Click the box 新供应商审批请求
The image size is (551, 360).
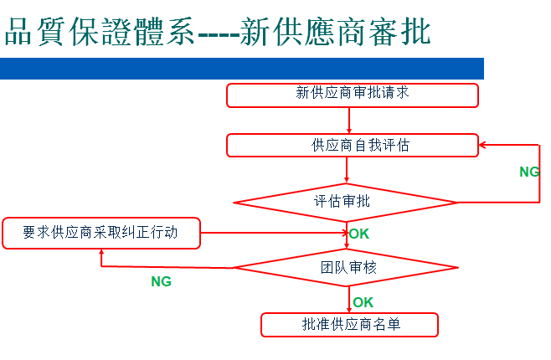click(x=353, y=95)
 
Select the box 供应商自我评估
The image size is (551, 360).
click(x=353, y=145)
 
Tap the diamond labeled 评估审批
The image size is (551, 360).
click(x=346, y=203)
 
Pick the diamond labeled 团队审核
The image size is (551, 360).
click(x=347, y=268)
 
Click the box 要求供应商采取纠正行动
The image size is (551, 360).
click(x=101, y=234)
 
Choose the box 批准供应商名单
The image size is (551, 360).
click(x=350, y=325)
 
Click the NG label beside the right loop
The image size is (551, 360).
click(x=529, y=172)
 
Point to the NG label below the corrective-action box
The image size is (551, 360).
click(x=162, y=281)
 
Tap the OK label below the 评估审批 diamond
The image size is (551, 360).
click(x=359, y=234)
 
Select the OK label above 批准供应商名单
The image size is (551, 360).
click(x=363, y=302)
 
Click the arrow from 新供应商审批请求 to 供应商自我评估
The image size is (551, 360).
click(x=349, y=121)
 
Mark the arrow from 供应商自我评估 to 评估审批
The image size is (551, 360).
click(x=347, y=170)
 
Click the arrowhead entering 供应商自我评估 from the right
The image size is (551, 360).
click(x=482, y=145)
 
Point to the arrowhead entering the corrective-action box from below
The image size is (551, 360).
click(x=101, y=253)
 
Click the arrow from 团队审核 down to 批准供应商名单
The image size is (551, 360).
click(x=349, y=300)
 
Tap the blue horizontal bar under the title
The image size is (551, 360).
click(x=242, y=69)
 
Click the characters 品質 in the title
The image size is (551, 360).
click(x=35, y=32)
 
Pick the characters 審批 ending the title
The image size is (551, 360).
click(x=400, y=32)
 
